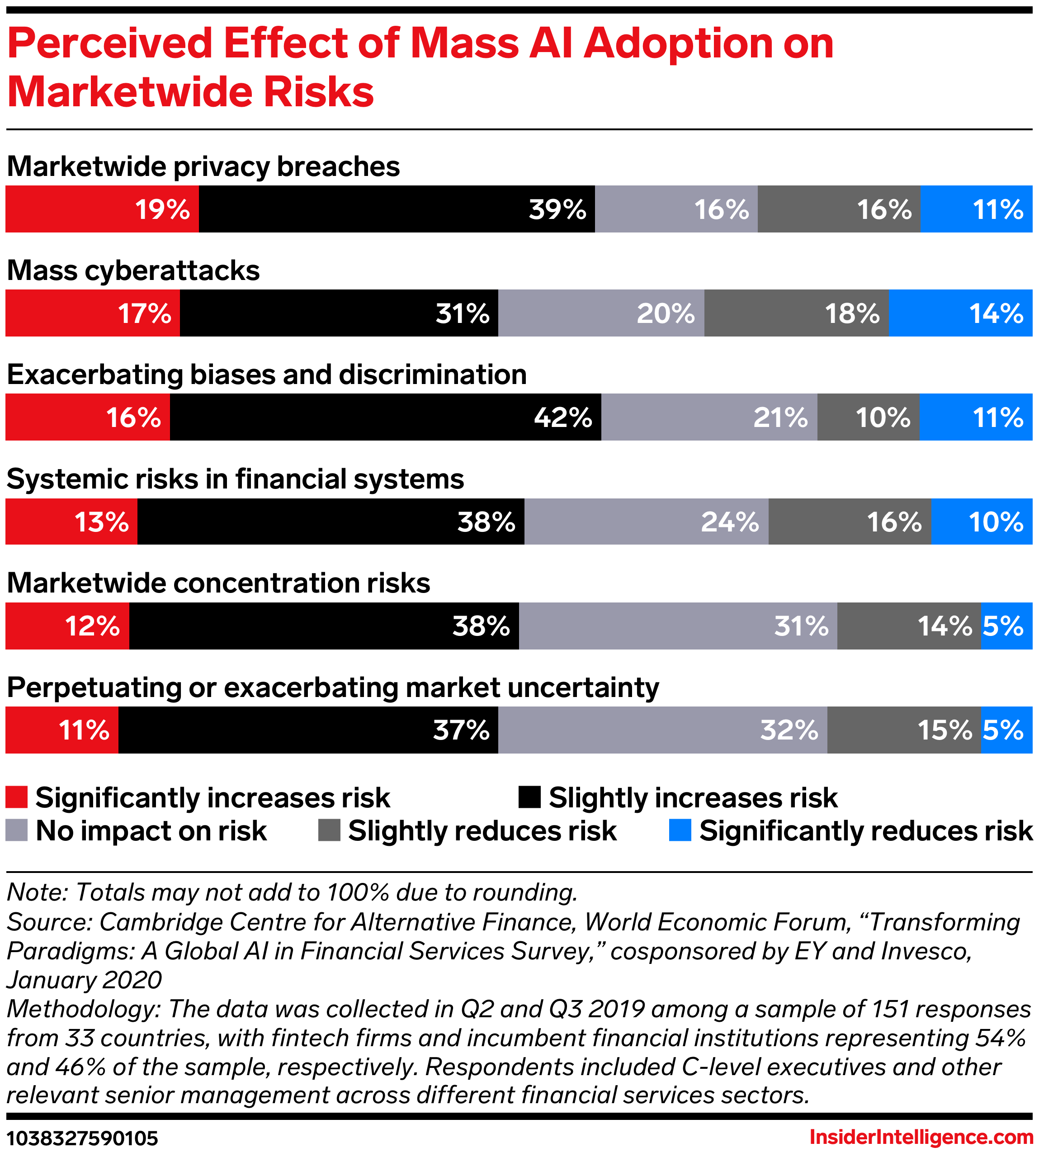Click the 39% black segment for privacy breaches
(x=397, y=209)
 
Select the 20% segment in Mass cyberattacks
(x=601, y=313)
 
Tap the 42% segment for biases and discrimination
(x=385, y=417)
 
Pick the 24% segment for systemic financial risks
(x=646, y=522)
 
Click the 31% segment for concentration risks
(x=678, y=626)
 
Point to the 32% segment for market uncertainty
(x=662, y=730)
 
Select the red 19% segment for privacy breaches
(x=102, y=209)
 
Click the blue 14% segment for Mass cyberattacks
(x=960, y=313)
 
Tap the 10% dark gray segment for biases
(x=868, y=417)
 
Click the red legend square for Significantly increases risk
(x=17, y=797)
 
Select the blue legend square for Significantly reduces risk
(x=680, y=830)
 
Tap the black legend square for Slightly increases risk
(x=529, y=797)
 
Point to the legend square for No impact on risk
(x=17, y=830)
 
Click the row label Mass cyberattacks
(x=133, y=270)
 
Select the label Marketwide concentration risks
(x=218, y=583)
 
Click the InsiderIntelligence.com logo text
(x=921, y=1137)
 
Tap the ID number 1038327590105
(x=82, y=1138)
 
